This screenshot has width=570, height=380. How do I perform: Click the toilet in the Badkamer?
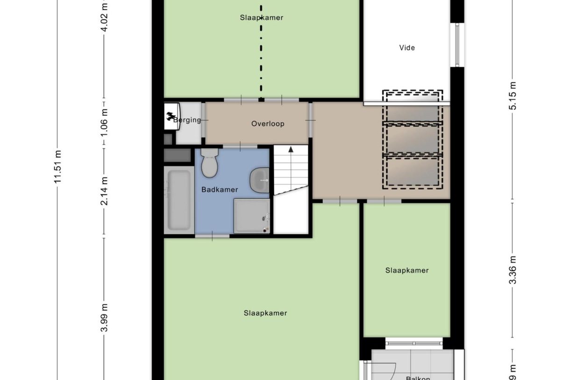point(209,164)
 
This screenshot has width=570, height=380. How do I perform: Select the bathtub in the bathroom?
point(178,200)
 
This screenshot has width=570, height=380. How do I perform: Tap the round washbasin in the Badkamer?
point(259,179)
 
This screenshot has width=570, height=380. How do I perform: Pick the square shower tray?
point(252,215)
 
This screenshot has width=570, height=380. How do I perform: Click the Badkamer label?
point(220,190)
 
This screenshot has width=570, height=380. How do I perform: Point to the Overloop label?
point(268,124)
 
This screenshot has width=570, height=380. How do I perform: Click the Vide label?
point(407,48)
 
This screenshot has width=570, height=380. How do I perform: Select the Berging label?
point(188,120)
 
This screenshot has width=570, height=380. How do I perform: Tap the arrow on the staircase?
point(291,150)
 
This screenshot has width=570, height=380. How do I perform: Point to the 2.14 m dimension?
point(104,190)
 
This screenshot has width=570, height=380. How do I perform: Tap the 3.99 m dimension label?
point(104,317)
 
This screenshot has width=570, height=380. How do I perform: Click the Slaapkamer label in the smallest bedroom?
point(407,270)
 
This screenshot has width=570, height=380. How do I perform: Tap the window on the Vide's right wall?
point(457,44)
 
